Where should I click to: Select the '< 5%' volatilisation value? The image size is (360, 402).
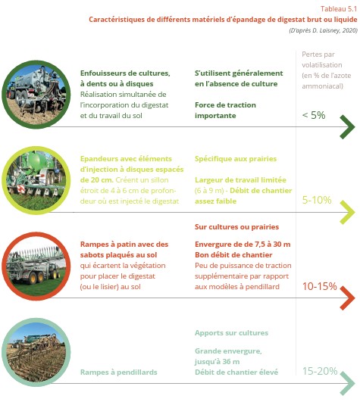click(x=313, y=115)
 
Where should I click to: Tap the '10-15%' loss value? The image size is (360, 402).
click(x=319, y=286)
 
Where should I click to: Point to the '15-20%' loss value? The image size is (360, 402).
click(x=319, y=371)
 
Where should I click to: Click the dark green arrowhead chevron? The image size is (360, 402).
click(x=346, y=127)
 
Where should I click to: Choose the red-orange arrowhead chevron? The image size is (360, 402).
click(x=346, y=298)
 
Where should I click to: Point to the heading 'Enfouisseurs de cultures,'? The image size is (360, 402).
click(x=124, y=73)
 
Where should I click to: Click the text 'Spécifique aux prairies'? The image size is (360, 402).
click(x=235, y=159)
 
